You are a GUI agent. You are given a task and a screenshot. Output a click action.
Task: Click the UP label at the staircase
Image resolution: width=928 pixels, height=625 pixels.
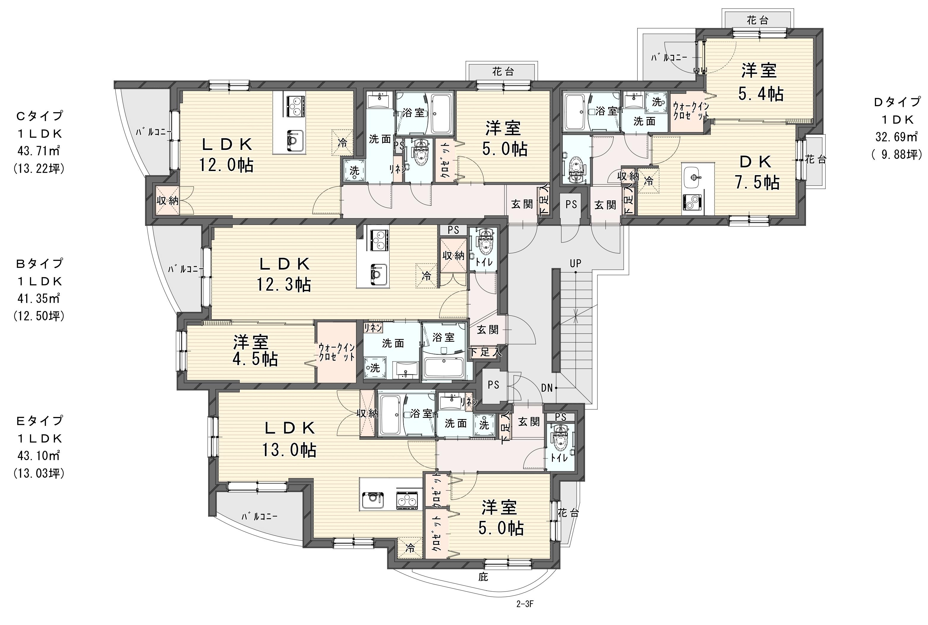(575, 263)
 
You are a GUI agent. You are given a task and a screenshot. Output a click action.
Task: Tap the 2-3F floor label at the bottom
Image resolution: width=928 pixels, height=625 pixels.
(524, 615)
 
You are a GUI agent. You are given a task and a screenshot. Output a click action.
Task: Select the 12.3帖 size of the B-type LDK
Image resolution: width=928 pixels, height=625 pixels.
(284, 285)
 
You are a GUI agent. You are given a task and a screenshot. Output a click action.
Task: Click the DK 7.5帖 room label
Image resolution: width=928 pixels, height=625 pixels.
(757, 172)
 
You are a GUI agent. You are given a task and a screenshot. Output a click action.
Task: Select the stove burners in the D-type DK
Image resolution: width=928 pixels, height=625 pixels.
(691, 202)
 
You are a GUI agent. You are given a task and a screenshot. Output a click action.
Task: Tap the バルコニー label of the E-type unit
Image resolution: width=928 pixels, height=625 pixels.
(259, 517)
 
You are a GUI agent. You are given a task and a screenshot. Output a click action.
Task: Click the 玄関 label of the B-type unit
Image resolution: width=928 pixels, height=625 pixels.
(488, 330)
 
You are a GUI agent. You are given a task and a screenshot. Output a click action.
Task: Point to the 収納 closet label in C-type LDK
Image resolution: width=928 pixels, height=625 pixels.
(167, 201)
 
